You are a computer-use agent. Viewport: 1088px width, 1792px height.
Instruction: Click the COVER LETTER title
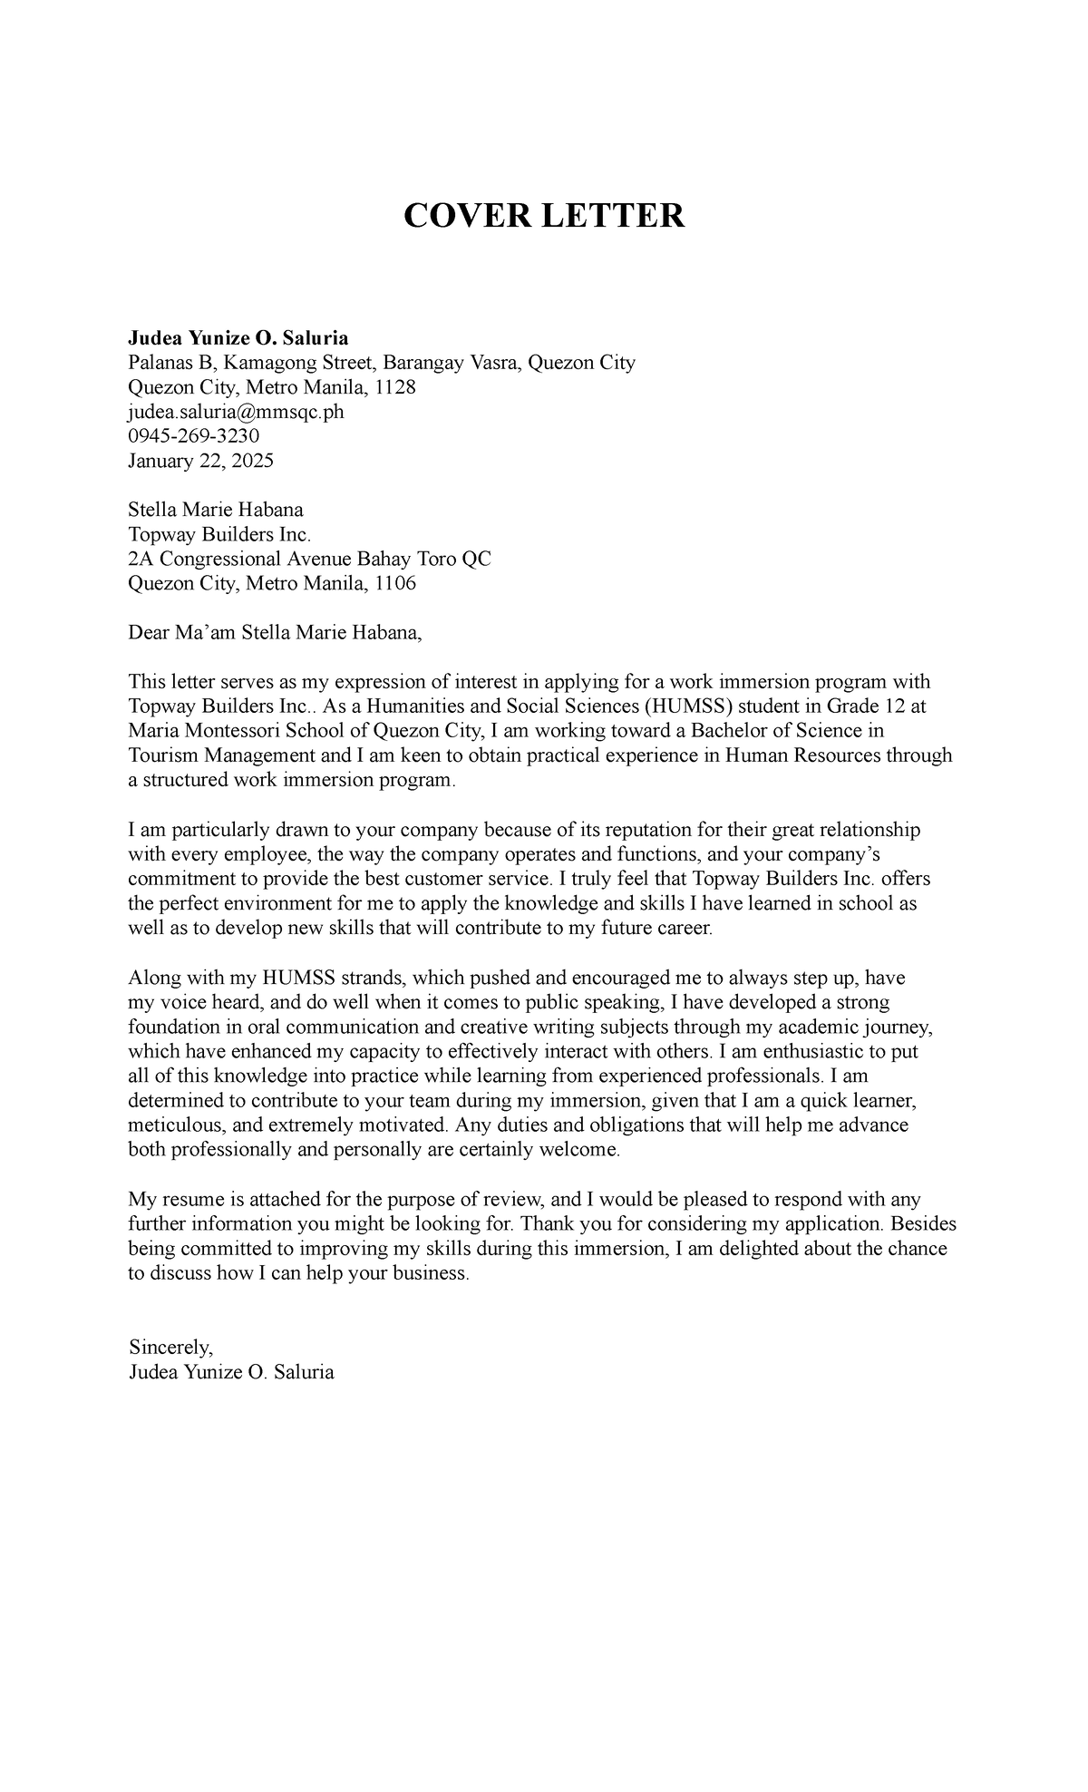(544, 216)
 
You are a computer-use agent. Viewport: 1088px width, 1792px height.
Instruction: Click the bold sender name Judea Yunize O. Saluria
(238, 338)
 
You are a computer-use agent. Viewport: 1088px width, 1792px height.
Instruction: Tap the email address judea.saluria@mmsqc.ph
(236, 412)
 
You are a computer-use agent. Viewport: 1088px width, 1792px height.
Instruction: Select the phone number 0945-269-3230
(193, 436)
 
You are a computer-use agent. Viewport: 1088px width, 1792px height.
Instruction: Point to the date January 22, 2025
(200, 461)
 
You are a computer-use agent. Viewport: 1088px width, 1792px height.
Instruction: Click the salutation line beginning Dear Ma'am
(275, 632)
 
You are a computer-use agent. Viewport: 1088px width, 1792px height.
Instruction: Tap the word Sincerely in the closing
(170, 1347)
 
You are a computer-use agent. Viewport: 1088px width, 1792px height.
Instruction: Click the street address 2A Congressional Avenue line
(309, 559)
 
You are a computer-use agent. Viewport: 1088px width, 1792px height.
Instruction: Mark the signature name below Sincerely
(231, 1371)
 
